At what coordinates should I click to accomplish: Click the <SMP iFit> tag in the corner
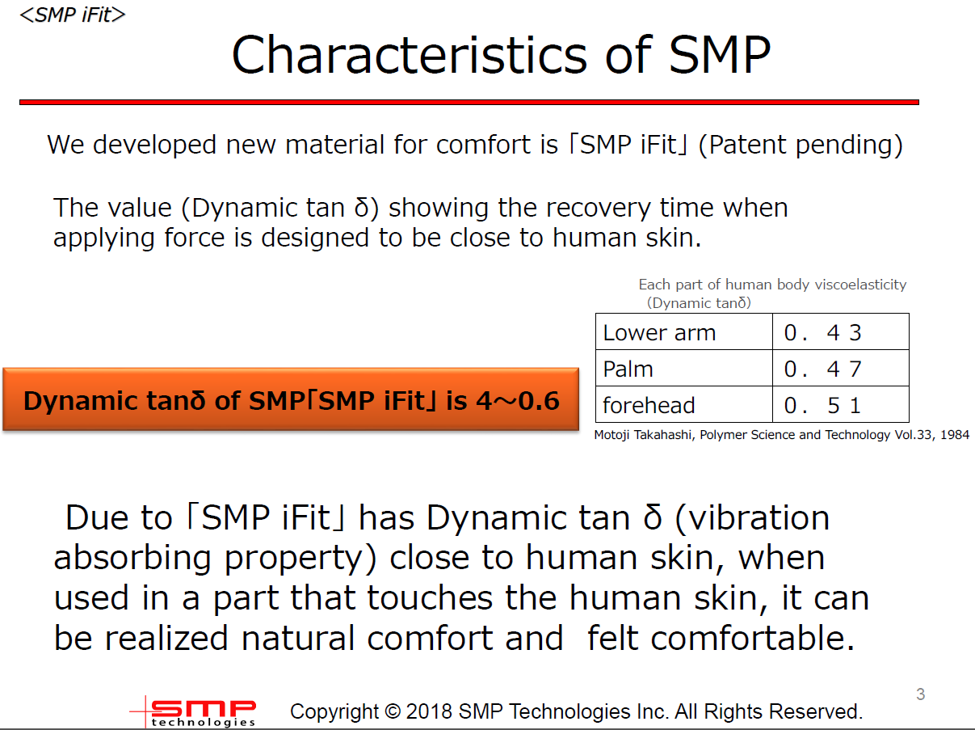(73, 15)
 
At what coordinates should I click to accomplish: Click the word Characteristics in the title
(409, 55)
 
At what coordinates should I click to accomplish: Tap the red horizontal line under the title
(469, 102)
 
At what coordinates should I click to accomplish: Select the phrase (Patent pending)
(801, 145)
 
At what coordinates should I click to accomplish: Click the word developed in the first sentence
(154, 146)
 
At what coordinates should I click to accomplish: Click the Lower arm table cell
(684, 331)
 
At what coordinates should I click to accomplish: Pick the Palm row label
(628, 369)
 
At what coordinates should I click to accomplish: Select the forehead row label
(649, 406)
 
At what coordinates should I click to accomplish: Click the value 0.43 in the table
(822, 332)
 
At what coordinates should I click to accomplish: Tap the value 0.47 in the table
(822, 369)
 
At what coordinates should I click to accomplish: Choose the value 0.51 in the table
(822, 406)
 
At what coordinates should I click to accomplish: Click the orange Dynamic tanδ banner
(291, 399)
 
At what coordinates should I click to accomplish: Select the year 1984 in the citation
(955, 434)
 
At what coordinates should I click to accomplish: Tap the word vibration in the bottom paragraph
(752, 518)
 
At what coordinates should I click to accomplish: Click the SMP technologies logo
(193, 712)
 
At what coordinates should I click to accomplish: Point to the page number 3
(920, 694)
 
